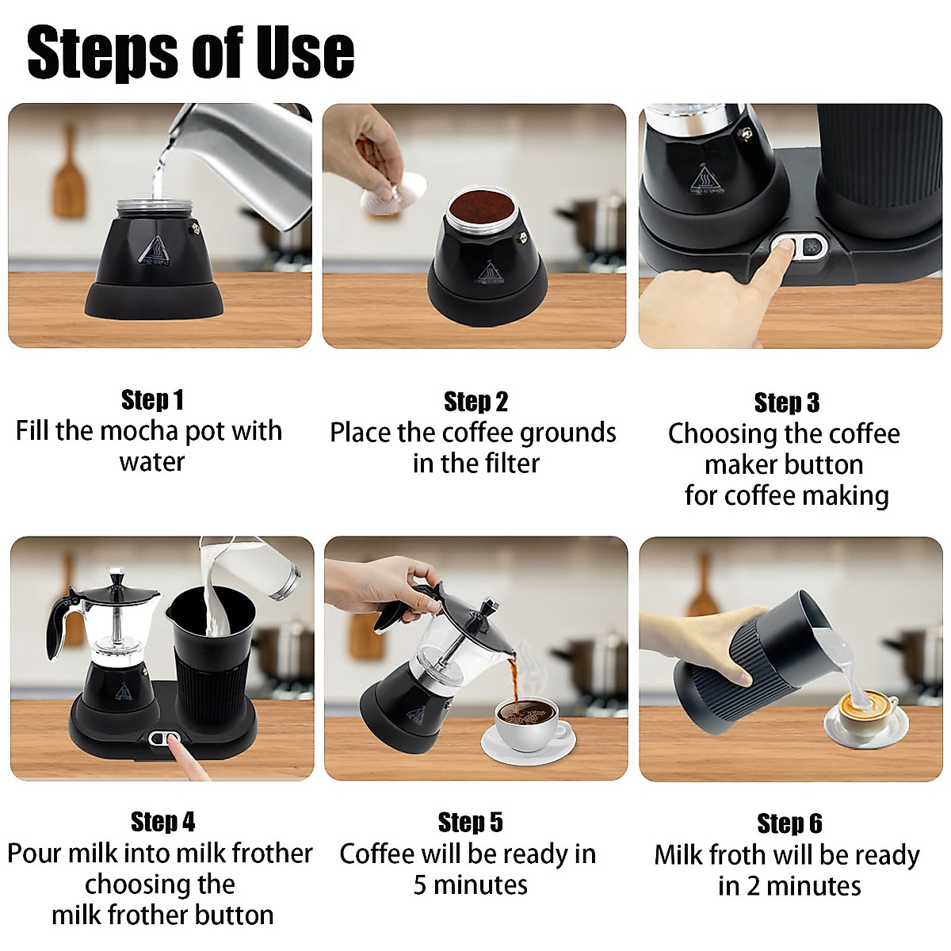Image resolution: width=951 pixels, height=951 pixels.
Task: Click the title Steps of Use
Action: (x=190, y=52)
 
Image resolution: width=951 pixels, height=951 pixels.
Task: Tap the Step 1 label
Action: (x=152, y=400)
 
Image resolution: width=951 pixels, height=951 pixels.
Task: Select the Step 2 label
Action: (x=475, y=402)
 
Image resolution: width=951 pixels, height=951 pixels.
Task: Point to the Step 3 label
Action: (x=786, y=403)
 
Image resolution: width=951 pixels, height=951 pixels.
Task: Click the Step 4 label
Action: (x=162, y=822)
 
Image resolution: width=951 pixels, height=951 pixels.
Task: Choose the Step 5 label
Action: (x=470, y=823)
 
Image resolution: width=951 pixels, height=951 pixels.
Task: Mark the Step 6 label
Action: (x=789, y=823)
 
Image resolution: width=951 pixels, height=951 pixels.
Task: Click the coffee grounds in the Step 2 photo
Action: (x=479, y=207)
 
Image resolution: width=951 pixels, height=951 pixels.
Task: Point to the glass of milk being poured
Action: (x=273, y=571)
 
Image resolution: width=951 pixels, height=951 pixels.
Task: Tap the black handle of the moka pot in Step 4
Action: (x=60, y=626)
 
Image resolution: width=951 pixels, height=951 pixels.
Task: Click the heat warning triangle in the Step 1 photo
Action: (x=151, y=250)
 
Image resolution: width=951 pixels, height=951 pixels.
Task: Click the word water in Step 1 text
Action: (x=151, y=462)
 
